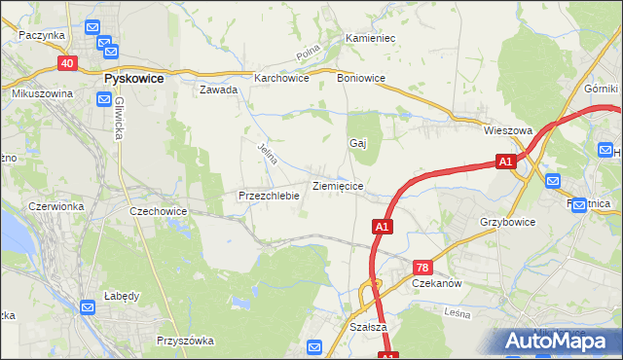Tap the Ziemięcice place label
click(338, 185)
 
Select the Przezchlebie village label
click(268, 196)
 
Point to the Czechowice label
click(159, 210)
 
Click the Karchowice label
click(281, 78)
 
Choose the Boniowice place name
click(361, 78)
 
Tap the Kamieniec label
click(369, 38)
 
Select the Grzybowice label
click(507, 222)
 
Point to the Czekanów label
click(435, 282)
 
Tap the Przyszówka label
click(185, 341)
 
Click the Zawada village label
click(218, 90)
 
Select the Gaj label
click(357, 143)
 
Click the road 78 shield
click(421, 267)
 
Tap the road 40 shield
click(67, 63)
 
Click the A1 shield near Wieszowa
click(504, 162)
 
